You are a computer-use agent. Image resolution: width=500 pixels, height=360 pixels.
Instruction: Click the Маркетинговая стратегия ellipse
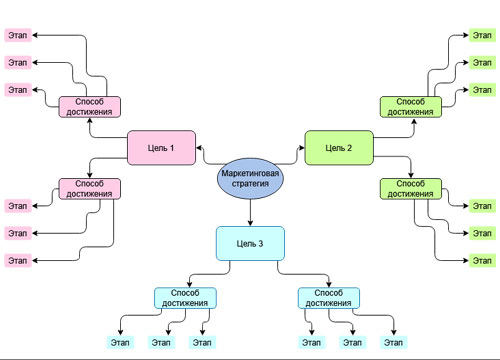point(250,178)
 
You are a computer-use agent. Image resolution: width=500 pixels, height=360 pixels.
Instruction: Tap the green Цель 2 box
point(338,148)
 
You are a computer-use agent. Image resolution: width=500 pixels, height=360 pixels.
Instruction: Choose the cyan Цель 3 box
point(251,243)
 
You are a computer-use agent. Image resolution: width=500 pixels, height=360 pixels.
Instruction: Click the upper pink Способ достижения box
point(89,106)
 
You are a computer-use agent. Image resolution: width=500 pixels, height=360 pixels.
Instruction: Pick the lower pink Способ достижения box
point(89,188)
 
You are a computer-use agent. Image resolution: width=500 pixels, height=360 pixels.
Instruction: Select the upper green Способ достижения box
point(411,106)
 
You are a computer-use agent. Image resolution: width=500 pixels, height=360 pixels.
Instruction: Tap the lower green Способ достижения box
point(411,188)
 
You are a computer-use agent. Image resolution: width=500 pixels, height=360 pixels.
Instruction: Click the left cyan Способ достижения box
point(186,297)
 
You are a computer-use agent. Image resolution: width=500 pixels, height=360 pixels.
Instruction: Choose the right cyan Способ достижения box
point(329,297)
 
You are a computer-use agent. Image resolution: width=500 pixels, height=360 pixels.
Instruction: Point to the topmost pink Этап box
point(18,34)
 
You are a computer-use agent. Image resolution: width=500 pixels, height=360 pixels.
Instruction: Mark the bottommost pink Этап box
point(18,260)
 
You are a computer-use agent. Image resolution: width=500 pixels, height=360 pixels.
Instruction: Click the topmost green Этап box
point(482,34)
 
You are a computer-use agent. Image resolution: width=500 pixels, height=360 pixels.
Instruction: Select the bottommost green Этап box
point(482,260)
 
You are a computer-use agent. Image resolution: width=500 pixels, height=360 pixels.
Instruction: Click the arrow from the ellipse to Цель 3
point(250,212)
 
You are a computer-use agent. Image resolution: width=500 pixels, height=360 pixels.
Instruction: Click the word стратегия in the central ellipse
point(250,184)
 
